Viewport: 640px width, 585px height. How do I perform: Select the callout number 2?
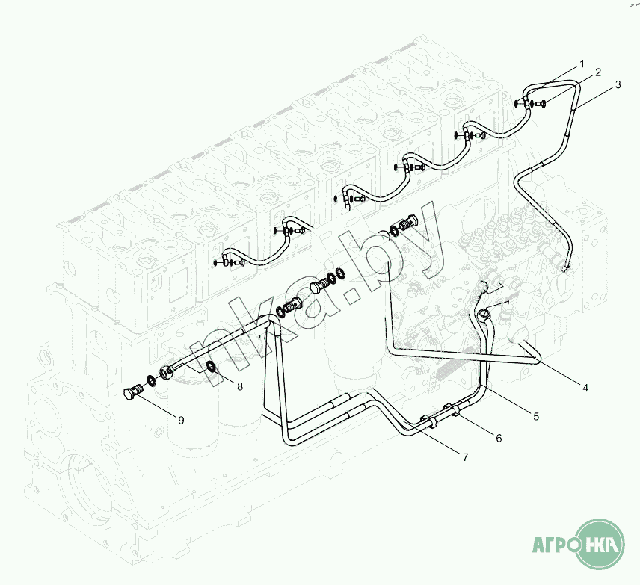tap(598, 72)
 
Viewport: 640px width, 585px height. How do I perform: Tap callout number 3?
tap(618, 84)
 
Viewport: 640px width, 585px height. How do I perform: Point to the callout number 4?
tap(585, 387)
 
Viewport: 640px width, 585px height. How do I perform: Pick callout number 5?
tap(536, 415)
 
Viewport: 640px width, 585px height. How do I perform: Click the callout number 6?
tap(499, 438)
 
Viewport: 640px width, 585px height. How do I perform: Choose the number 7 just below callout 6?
tap(465, 456)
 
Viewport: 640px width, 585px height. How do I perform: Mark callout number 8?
tap(240, 386)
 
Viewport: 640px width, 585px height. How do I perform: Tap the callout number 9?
tap(181, 420)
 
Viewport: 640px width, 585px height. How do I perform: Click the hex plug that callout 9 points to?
tap(133, 392)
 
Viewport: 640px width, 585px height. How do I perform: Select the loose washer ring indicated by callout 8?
tap(212, 367)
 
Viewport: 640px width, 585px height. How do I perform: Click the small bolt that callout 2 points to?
tap(541, 103)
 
